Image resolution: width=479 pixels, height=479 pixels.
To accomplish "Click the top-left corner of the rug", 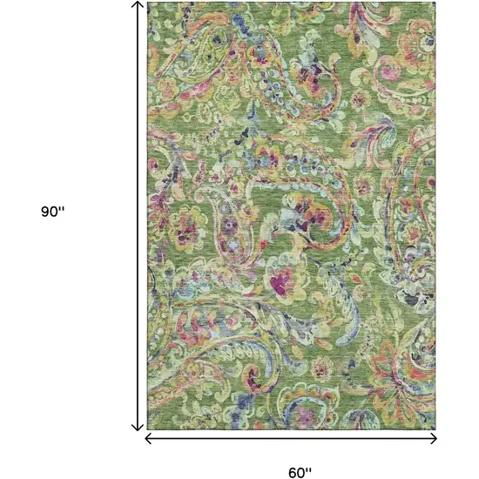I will (x=148, y=3).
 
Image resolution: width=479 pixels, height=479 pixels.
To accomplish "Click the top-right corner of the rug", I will (x=435, y=3).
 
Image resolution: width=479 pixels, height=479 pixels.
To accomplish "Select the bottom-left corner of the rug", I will (x=148, y=430).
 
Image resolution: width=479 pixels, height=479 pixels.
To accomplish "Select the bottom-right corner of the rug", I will (x=435, y=430).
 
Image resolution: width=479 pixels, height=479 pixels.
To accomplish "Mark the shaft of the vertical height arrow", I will (x=137, y=218).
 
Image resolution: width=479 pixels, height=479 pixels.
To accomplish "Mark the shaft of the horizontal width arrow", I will (x=292, y=438).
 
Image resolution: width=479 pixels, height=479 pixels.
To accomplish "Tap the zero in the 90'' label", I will (x=55, y=213).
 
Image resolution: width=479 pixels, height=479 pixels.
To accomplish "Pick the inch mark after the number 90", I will (x=64, y=209).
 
